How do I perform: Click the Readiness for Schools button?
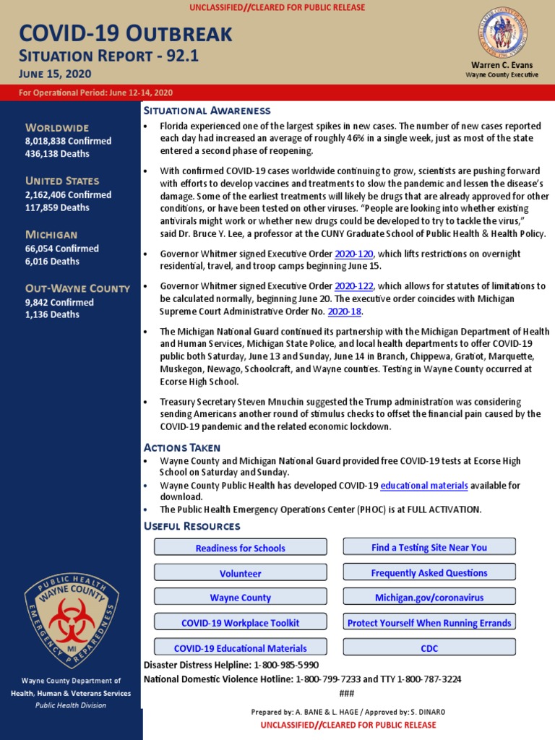pyautogui.click(x=240, y=548)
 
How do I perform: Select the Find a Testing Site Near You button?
pyautogui.click(x=429, y=547)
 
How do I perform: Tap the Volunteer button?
pyautogui.click(x=240, y=573)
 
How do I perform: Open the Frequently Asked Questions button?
pyautogui.click(x=429, y=572)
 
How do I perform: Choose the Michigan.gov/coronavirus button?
pyautogui.click(x=429, y=598)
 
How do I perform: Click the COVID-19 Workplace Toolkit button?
pyautogui.click(x=240, y=623)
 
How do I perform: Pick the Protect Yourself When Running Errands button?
pyautogui.click(x=429, y=623)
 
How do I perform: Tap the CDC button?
pyautogui.click(x=429, y=648)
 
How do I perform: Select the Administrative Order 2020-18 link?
pyautogui.click(x=344, y=311)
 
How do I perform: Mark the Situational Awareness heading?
pyautogui.click(x=207, y=111)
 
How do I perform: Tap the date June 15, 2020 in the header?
pyautogui.click(x=55, y=74)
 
